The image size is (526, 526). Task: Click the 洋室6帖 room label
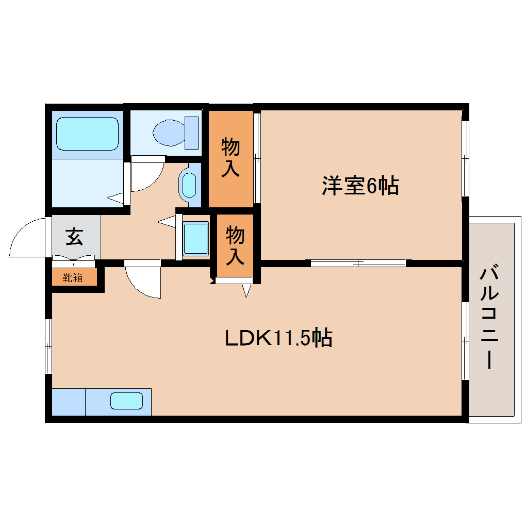(x=360, y=186)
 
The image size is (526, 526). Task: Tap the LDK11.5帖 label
(x=278, y=338)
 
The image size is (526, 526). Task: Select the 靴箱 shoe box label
(x=73, y=277)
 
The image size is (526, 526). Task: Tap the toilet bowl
(x=168, y=132)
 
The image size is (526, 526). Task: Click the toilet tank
(x=192, y=132)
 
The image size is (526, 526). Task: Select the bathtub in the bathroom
(x=87, y=134)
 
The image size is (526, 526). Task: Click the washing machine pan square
(x=196, y=238)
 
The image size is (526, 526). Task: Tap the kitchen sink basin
(x=126, y=401)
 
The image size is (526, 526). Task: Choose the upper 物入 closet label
(x=231, y=158)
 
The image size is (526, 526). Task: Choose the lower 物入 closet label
(x=235, y=245)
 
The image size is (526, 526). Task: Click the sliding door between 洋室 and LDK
(x=358, y=263)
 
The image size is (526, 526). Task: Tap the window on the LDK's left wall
(x=48, y=346)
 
